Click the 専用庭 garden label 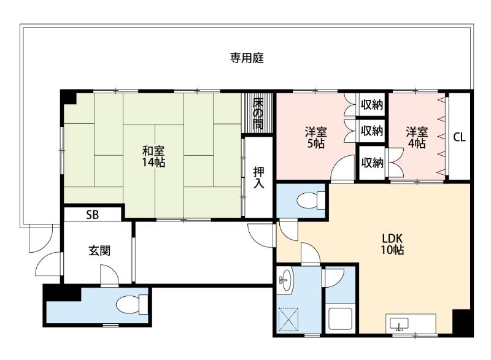pyautogui.click(x=247, y=58)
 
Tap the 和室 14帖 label pyautogui.click(x=153, y=156)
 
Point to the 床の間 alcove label pyautogui.click(x=258, y=113)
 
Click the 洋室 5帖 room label pyautogui.click(x=316, y=138)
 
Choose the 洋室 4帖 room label pyautogui.click(x=416, y=138)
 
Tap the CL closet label pyautogui.click(x=459, y=137)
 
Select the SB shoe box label pyautogui.click(x=92, y=215)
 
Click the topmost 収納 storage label pyautogui.click(x=372, y=105)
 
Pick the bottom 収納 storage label pyautogui.click(x=372, y=163)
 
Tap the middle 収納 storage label pyautogui.click(x=372, y=131)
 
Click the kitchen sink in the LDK pyautogui.click(x=401, y=324)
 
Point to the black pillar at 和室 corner pyautogui.click(x=68, y=98)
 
